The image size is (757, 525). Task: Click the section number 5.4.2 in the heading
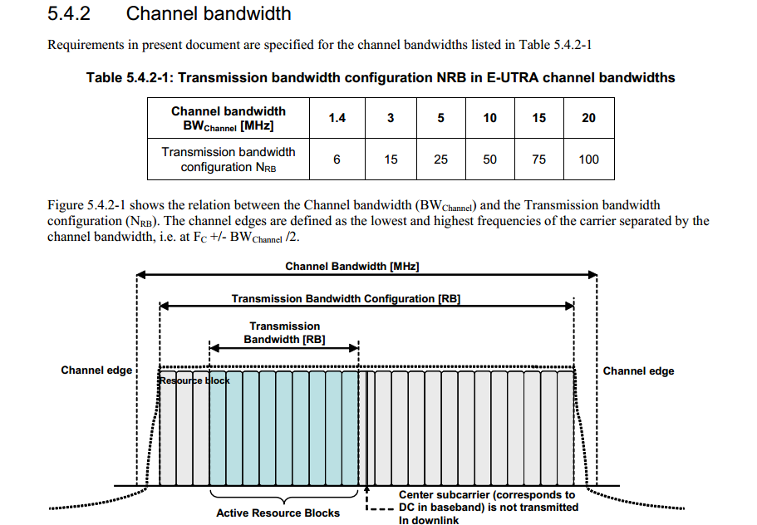coord(69,13)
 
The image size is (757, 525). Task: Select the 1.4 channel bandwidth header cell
coord(337,118)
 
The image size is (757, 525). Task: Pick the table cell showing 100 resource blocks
coord(588,159)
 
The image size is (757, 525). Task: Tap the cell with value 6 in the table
coord(337,159)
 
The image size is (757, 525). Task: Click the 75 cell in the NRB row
coord(538,159)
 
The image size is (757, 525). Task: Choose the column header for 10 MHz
coord(489,118)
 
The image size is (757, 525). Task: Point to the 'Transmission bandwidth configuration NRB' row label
coord(229,159)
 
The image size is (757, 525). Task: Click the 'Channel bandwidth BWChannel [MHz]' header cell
coord(229,118)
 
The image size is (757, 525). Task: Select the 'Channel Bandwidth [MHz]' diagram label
coord(352,267)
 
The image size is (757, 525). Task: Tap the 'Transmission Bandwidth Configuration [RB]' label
coord(346,299)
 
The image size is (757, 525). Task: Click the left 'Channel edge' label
coord(96,370)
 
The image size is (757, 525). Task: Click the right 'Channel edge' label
coord(638,371)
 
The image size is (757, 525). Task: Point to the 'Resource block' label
coord(194,380)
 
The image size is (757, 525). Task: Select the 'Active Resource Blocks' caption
coord(278,513)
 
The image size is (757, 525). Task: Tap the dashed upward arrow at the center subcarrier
coord(366,497)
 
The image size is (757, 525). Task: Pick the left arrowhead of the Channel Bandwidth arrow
coord(141,275)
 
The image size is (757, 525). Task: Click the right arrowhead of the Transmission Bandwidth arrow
coord(354,347)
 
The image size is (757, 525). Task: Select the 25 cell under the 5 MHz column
coord(440,159)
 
